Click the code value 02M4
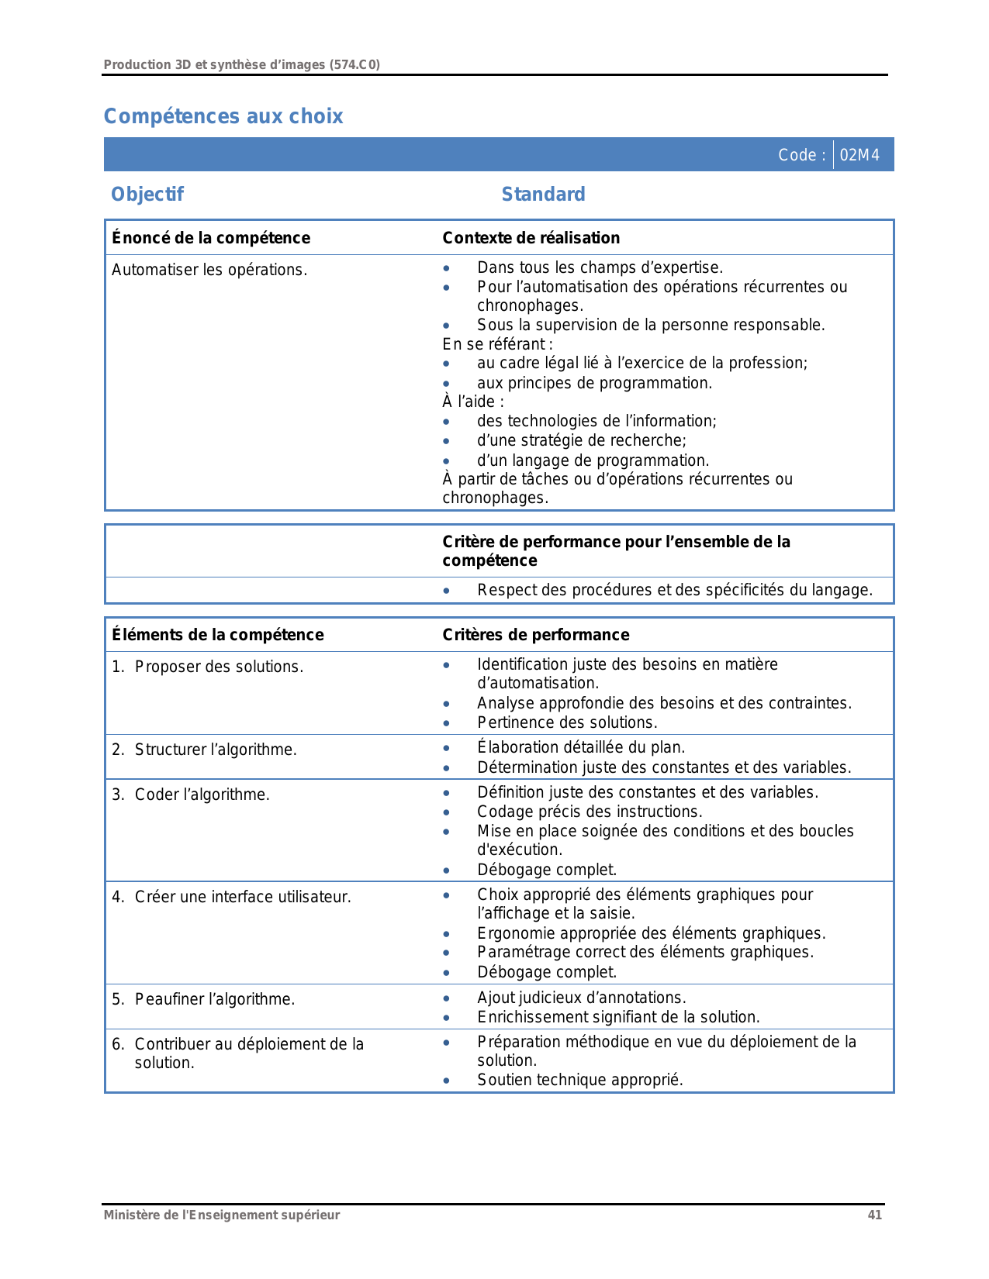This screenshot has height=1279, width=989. pyautogui.click(x=859, y=155)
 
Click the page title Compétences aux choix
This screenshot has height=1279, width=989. pyautogui.click(x=223, y=116)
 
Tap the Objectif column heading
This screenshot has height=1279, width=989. pyautogui.click(x=147, y=195)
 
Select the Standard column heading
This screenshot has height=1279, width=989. pyautogui.click(x=543, y=195)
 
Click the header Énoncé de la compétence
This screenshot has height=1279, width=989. pyautogui.click(x=211, y=238)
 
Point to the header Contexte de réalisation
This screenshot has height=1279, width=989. pyautogui.click(x=531, y=238)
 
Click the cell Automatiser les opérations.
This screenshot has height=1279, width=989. pyautogui.click(x=209, y=270)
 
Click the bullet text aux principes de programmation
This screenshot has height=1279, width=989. pyautogui.click(x=594, y=383)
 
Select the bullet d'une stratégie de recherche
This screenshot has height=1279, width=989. pyautogui.click(x=582, y=440)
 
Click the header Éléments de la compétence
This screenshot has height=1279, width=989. pyautogui.click(x=218, y=635)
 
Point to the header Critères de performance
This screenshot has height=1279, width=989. pyautogui.click(x=536, y=635)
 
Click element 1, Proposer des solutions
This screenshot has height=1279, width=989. pyautogui.click(x=219, y=667)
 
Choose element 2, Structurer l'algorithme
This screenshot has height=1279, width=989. pyautogui.click(x=216, y=750)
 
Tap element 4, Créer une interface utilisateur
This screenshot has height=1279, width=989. pyautogui.click(x=243, y=897)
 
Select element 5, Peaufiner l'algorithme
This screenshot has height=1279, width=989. pyautogui.click(x=215, y=999)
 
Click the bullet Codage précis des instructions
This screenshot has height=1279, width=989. pyautogui.click(x=590, y=812)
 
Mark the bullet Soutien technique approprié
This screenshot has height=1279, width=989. pyautogui.click(x=580, y=1080)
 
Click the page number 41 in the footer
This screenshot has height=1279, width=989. pyautogui.click(x=874, y=1215)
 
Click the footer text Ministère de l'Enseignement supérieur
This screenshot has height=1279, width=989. pyautogui.click(x=222, y=1215)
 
